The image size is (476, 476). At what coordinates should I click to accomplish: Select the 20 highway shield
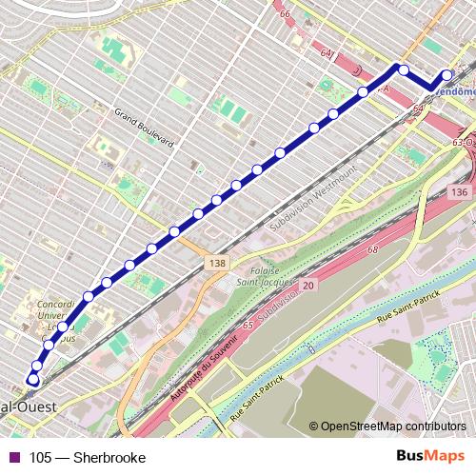click(x=307, y=285)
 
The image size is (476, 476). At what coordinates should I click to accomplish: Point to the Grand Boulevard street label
click(x=144, y=129)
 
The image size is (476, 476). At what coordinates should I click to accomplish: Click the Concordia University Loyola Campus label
click(x=55, y=320)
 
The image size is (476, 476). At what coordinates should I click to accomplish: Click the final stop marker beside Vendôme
click(x=447, y=76)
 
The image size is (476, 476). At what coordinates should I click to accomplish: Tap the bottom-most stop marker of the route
click(x=33, y=380)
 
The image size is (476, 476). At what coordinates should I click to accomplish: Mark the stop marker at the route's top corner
click(x=403, y=69)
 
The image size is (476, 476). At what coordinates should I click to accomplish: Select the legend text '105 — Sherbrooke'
click(x=87, y=458)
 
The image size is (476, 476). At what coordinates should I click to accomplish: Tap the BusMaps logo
click(x=428, y=457)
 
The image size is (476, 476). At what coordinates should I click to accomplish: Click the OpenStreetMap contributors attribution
click(x=391, y=427)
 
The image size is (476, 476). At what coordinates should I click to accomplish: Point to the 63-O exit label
click(x=463, y=142)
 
